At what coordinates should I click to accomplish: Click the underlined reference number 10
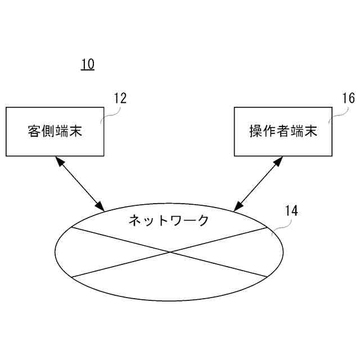[87, 64]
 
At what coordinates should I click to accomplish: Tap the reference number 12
[120, 98]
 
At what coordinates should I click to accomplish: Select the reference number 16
[348, 98]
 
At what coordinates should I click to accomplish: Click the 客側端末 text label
[55, 132]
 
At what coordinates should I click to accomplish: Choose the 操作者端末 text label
[283, 132]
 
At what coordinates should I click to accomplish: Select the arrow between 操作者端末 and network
[257, 183]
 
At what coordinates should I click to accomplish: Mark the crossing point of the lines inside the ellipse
[169, 252]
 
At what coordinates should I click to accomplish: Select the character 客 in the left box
[34, 132]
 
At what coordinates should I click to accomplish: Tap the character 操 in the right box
[256, 132]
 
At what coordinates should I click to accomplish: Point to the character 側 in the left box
[48, 132]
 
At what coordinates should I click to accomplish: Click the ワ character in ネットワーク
[175, 220]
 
